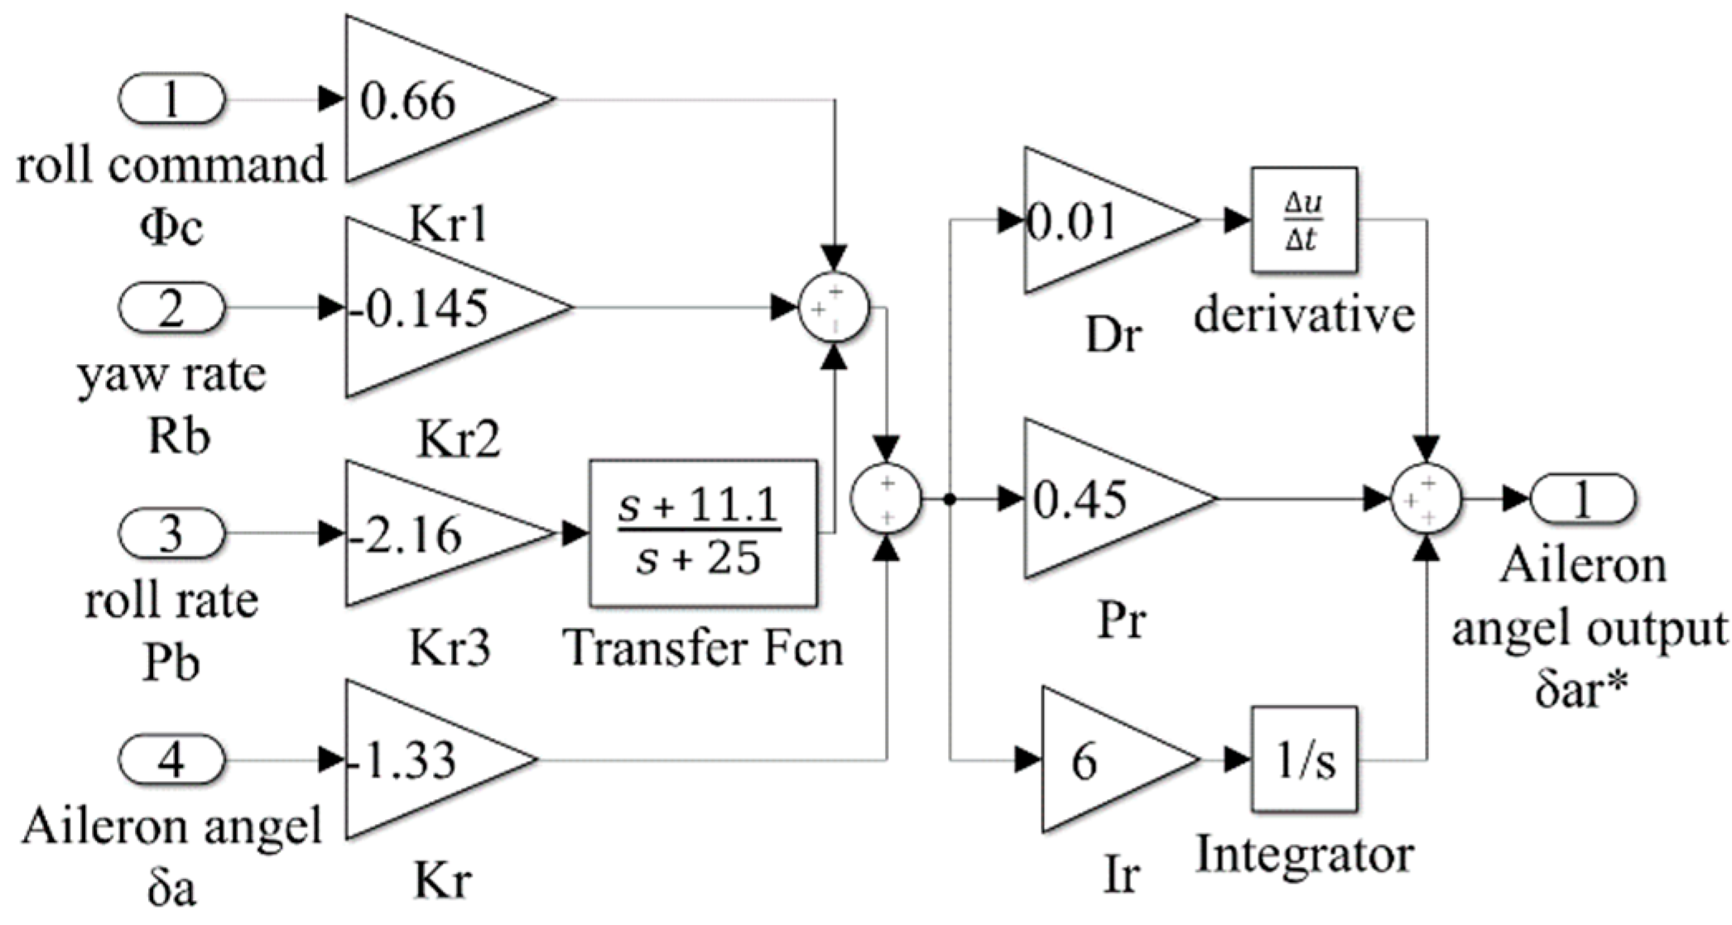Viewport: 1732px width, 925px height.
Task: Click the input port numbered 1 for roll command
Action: click(x=171, y=99)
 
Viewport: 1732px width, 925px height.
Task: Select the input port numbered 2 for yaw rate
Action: click(x=171, y=308)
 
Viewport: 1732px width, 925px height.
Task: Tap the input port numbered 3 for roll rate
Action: click(x=171, y=534)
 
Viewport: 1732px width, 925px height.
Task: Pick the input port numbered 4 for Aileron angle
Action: click(x=171, y=759)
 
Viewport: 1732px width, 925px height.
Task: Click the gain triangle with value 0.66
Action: click(x=431, y=99)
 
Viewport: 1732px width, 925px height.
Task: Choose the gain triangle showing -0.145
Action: click(x=439, y=308)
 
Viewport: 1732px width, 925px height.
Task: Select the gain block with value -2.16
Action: click(x=431, y=534)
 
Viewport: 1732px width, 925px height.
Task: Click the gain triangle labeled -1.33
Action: click(x=422, y=759)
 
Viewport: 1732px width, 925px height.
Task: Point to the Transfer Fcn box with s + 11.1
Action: click(x=703, y=534)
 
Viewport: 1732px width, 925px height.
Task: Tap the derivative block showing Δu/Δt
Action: click(x=1303, y=220)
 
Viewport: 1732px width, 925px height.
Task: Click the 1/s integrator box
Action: click(x=1303, y=759)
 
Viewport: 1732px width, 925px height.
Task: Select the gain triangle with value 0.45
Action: click(x=1101, y=499)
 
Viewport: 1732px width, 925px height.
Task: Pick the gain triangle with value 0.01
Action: click(x=1093, y=221)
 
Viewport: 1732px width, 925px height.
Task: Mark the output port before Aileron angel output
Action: click(x=1582, y=499)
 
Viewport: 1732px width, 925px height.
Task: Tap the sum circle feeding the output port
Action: click(x=1426, y=499)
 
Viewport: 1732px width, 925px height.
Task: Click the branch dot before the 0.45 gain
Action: click(x=950, y=499)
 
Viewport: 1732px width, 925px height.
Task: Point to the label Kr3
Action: click(x=450, y=648)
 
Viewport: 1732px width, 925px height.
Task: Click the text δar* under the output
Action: click(x=1582, y=688)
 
